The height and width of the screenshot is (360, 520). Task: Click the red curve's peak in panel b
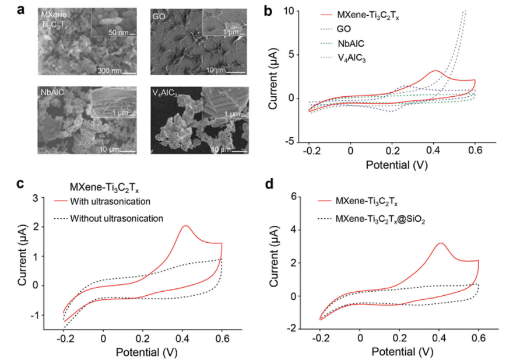tap(435, 71)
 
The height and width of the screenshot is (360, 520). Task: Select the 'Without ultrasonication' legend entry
tap(116, 218)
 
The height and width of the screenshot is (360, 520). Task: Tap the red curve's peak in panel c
tap(185, 226)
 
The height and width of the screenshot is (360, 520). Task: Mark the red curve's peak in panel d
tap(441, 243)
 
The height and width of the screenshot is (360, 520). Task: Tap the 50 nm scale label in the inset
tap(118, 33)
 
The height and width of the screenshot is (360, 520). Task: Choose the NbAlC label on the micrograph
tap(51, 92)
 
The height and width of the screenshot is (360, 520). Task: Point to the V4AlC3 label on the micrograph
tap(166, 93)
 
